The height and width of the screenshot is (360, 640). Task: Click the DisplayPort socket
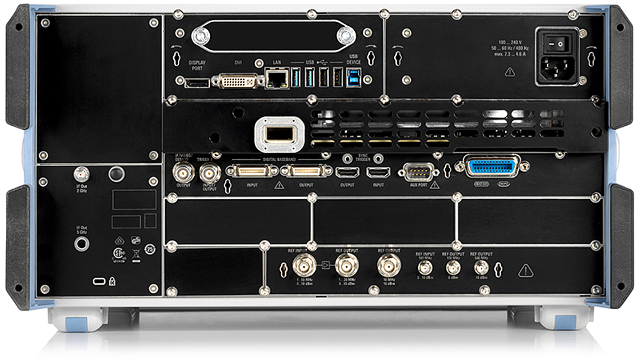click(x=197, y=82)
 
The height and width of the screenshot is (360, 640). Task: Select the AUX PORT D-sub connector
click(x=418, y=172)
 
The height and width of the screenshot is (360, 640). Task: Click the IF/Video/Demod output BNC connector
click(x=183, y=171)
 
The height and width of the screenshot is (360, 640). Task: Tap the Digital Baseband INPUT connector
click(x=252, y=171)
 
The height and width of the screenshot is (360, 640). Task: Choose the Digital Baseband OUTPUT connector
click(x=309, y=171)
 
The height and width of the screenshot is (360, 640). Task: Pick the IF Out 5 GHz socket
click(x=82, y=244)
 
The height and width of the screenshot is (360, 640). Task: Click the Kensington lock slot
click(x=99, y=281)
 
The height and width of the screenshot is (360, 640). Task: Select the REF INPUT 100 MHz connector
click(x=425, y=268)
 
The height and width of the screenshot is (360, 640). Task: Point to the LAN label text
click(x=276, y=63)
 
